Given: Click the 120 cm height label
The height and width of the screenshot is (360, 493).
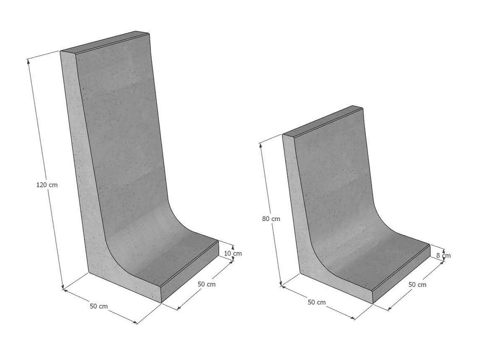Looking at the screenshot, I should tap(46, 185).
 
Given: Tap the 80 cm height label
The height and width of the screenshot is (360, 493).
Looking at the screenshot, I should tap(271, 219).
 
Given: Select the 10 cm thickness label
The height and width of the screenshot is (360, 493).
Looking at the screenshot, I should tap(233, 253).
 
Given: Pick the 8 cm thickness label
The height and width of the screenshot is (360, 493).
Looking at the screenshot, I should tap(443, 255).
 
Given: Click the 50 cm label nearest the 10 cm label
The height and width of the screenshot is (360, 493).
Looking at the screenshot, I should tap(207, 284).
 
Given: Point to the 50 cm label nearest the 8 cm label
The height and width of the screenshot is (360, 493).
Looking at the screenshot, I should tap(417, 284).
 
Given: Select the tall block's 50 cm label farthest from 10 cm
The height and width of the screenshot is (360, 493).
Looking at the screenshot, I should tap(99, 306).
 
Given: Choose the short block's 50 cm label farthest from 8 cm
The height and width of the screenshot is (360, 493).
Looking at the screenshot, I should tap(316, 302).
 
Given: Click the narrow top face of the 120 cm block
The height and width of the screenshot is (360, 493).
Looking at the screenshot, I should tap(105, 43).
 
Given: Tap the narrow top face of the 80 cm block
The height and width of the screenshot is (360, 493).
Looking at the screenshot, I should tap(323, 121).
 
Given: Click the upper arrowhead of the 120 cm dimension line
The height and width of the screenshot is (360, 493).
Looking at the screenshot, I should tap(28, 61).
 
